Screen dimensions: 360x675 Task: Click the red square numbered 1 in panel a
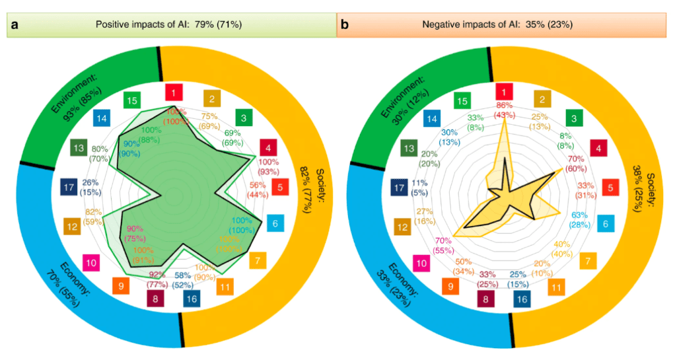(x=174, y=92)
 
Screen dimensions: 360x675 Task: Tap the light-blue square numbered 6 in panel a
(x=277, y=224)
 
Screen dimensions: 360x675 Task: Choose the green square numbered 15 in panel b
(x=463, y=100)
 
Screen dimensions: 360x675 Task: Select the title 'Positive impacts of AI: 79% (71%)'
(x=171, y=25)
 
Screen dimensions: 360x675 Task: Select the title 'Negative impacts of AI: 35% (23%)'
(x=506, y=25)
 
